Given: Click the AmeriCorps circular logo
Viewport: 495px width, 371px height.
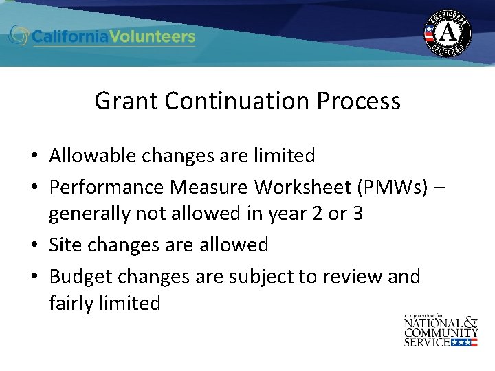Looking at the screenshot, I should (x=448, y=33).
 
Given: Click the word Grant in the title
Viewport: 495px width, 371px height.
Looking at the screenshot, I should (x=120, y=101).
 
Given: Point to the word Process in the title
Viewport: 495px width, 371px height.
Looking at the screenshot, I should (x=358, y=101).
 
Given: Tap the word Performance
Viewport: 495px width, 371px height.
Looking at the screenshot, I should (x=107, y=187).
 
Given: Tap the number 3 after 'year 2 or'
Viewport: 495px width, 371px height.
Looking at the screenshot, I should (x=357, y=214).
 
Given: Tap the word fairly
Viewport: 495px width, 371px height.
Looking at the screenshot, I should (x=74, y=303).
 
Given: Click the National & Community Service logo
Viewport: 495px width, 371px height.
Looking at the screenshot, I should (x=441, y=329).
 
